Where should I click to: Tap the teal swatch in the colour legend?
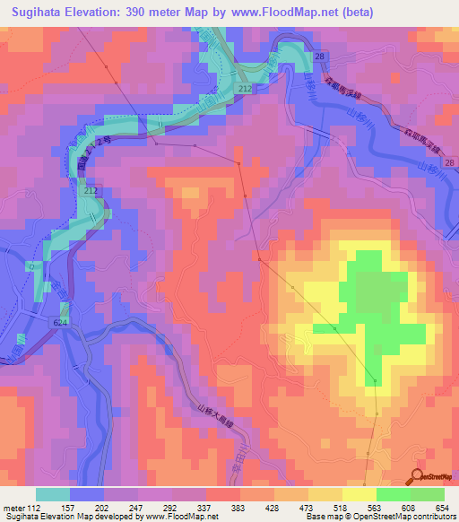click(x=53, y=494)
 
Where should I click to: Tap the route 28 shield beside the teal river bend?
click(x=320, y=57)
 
